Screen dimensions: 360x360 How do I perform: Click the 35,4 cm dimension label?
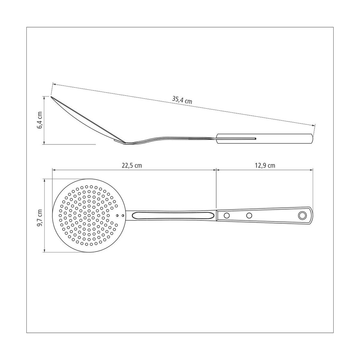point(182,100)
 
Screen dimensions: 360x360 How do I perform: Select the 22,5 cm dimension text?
point(132,166)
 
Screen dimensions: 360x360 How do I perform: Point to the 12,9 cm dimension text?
point(265,166)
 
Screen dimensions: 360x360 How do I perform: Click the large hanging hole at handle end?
point(302,216)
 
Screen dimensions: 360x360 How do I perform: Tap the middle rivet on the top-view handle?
point(249,216)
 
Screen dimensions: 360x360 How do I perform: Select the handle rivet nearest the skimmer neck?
point(227,216)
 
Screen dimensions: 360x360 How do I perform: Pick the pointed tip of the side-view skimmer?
point(51,97)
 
